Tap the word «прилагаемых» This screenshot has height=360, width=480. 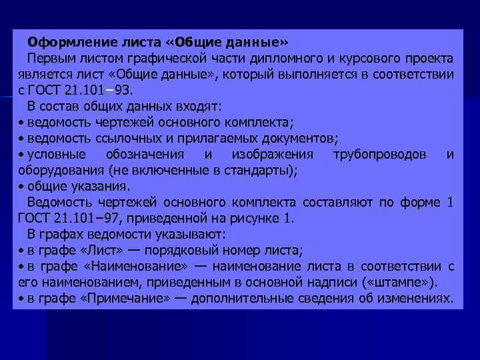click(197, 138)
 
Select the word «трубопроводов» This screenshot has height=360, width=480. click(379, 155)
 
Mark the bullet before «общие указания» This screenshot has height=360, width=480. click(21, 187)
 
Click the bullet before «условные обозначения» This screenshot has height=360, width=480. click(21, 155)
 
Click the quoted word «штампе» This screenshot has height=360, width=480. click(407, 282)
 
